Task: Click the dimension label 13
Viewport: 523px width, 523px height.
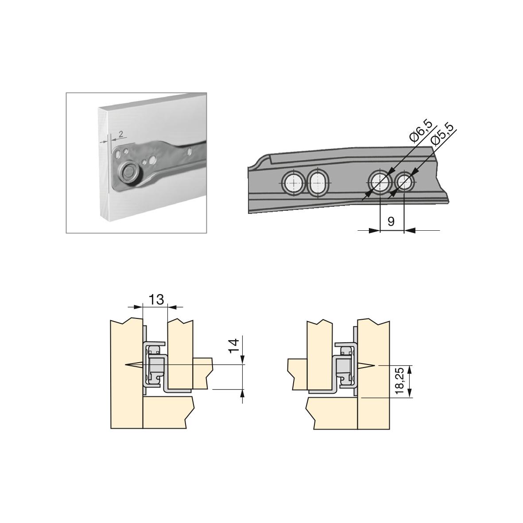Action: pyautogui.click(x=156, y=300)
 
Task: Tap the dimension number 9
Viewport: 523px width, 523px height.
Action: pyautogui.click(x=391, y=221)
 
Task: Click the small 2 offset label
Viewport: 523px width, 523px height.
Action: pyautogui.click(x=120, y=134)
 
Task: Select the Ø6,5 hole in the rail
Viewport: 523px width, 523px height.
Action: pyautogui.click(x=380, y=182)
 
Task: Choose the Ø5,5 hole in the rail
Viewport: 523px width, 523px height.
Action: pyautogui.click(x=404, y=182)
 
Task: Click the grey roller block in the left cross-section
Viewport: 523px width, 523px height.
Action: pyautogui.click(x=156, y=366)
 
